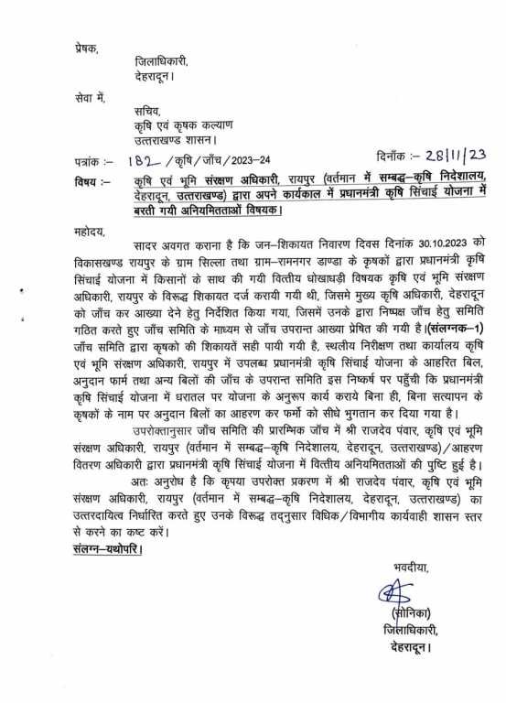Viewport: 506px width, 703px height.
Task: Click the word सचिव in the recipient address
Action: (146, 113)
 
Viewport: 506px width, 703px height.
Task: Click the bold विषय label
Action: (90, 178)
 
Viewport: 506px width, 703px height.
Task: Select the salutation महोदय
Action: (91, 234)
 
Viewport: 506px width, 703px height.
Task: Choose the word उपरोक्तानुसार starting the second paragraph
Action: (157, 426)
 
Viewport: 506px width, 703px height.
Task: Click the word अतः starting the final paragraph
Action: (138, 476)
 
